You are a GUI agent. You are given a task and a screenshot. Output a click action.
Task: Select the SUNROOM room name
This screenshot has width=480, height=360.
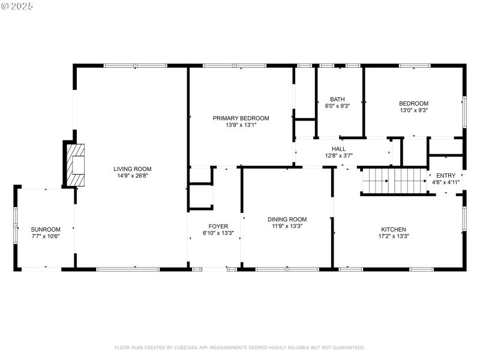46,229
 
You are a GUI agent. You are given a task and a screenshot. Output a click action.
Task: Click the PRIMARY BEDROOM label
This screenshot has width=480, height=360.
241,118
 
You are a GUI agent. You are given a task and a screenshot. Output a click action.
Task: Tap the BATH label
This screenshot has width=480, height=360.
337,100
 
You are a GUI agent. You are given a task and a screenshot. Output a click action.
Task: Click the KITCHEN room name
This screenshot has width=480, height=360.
394,229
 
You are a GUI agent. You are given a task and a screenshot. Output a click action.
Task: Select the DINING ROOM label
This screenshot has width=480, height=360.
287,220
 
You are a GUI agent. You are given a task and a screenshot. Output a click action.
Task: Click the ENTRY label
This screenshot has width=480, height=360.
446,175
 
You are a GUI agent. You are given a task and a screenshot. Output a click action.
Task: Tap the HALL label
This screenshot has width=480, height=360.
339,149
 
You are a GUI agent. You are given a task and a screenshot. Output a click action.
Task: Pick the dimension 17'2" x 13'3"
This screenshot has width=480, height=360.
394,236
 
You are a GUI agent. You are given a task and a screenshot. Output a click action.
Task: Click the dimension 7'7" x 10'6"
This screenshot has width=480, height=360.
46,236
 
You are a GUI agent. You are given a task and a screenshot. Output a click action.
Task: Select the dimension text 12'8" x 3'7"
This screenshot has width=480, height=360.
339,156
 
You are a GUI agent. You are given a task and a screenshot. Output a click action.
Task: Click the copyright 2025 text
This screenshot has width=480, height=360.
17,5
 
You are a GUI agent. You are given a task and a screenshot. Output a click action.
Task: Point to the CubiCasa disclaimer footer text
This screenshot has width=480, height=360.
239,347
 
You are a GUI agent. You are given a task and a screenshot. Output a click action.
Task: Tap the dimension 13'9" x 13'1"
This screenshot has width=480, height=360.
241,125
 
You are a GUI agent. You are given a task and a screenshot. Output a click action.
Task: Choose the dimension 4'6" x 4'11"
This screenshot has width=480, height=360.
446,182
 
